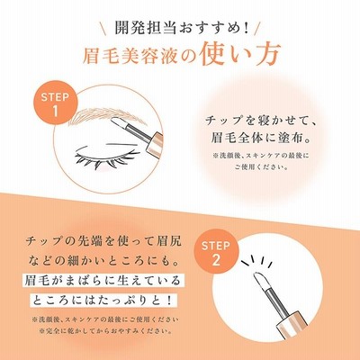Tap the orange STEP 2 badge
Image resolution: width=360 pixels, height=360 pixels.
coord(216,253)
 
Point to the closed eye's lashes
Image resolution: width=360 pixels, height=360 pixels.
coord(106,159)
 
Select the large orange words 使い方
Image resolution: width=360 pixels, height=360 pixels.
coord(240,55)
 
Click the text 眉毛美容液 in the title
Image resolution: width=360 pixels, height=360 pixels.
coord(129,56)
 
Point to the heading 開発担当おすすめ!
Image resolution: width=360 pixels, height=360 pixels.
coord(182,28)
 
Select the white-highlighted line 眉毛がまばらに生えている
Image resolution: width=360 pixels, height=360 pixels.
coord(103,281)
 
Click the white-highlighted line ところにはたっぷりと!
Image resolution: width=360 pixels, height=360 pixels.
coord(103,300)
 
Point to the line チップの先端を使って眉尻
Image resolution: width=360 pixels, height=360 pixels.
coord(103,241)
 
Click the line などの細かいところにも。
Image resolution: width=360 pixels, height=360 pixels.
coord(103,260)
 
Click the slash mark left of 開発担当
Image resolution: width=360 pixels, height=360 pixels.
coord(104,28)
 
